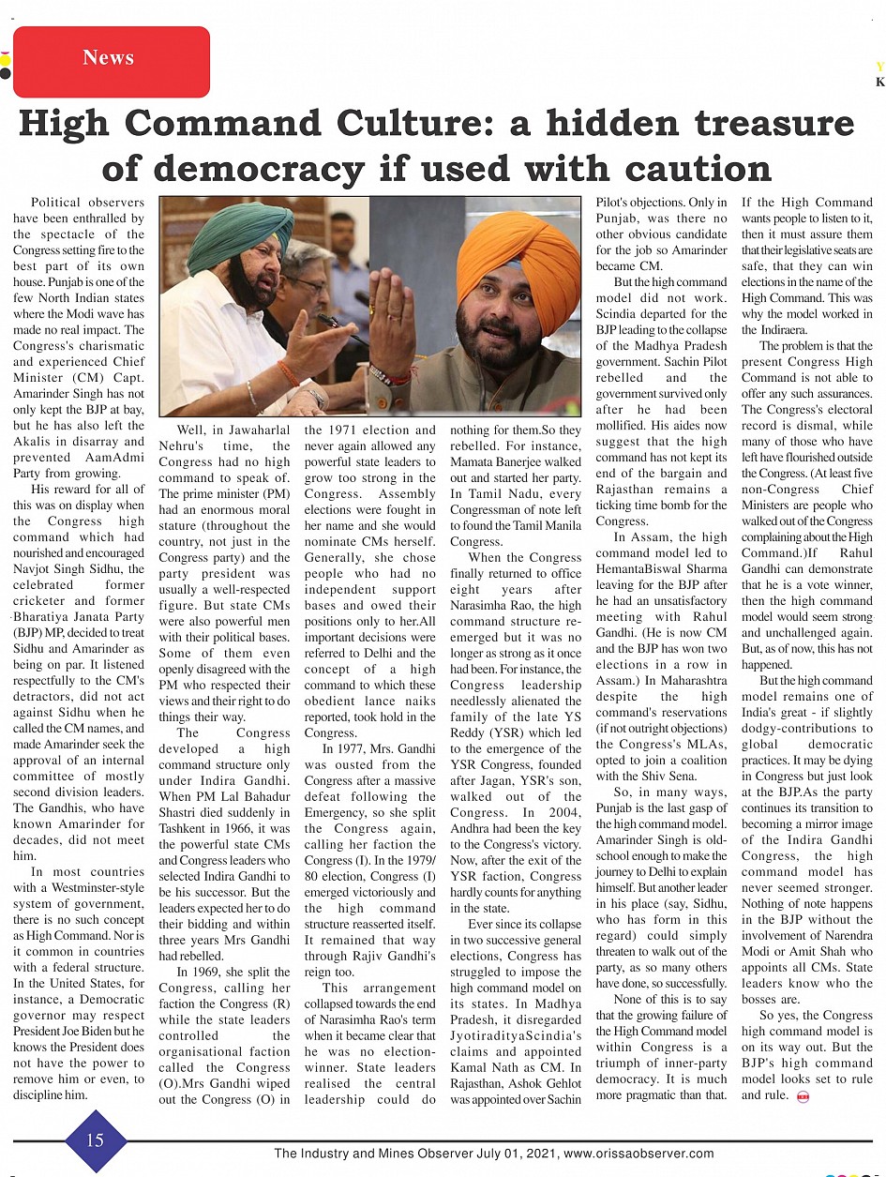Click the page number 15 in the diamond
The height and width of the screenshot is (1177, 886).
96,1139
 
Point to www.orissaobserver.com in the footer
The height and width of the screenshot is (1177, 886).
639,1154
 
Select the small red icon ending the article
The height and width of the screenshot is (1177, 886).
803,1095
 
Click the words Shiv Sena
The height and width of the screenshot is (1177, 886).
668,776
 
